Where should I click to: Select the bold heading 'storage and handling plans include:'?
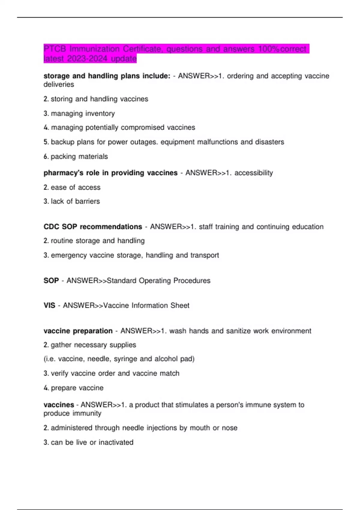coord(107,76)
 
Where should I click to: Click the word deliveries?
coord(59,84)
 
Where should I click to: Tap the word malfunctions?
coord(213,142)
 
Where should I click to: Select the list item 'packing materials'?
coord(79,156)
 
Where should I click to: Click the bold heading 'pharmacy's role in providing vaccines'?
coord(110,173)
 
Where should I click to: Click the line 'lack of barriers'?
coord(75,201)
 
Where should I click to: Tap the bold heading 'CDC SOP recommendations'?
coord(93,226)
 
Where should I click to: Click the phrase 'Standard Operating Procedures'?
coord(159,280)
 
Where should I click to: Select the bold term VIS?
coord(49,305)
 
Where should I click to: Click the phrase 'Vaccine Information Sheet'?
coord(146,305)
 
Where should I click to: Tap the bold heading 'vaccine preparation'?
coord(78,331)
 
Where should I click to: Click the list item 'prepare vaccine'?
coord(77,388)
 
